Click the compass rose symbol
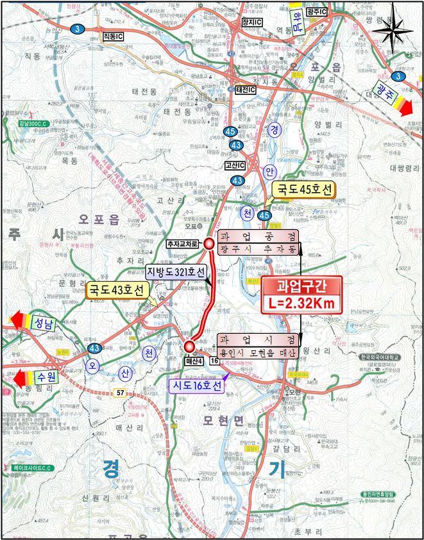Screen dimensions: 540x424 point(392,28)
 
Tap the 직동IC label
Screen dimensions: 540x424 point(113,37)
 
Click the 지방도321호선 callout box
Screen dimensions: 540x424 point(174,271)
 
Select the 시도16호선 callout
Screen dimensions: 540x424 point(195,386)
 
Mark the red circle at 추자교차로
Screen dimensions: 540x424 point(209,243)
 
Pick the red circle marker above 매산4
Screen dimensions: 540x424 point(190,347)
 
